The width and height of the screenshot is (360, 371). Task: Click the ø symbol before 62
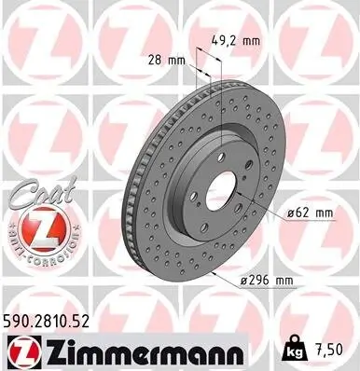tap(294, 213)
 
